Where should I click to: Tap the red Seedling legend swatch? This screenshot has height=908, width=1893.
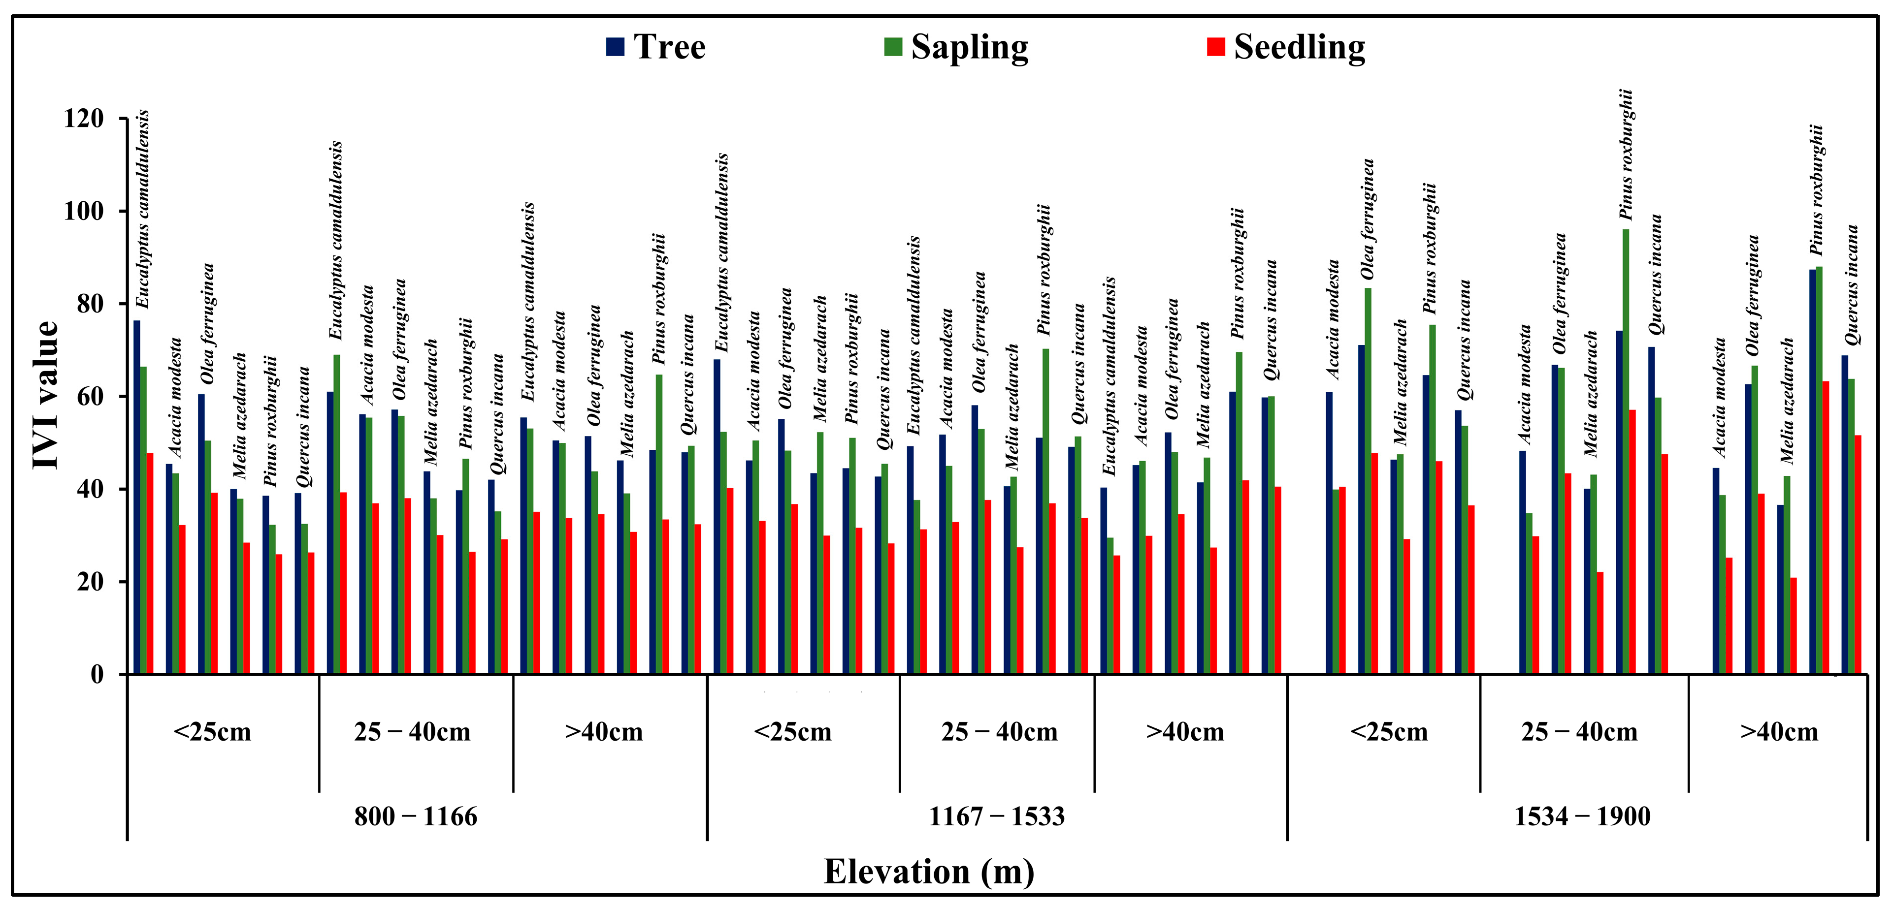pyautogui.click(x=1216, y=47)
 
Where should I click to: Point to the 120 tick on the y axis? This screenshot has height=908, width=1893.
pyautogui.click(x=83, y=118)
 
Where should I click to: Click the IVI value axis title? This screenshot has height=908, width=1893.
pyautogui.click(x=46, y=395)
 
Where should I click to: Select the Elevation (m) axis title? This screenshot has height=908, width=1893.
pyautogui.click(x=928, y=872)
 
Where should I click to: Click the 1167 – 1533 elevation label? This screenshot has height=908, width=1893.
pyautogui.click(x=996, y=816)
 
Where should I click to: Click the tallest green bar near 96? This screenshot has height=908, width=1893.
pyautogui.click(x=1626, y=451)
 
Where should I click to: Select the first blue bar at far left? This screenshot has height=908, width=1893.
pyautogui.click(x=137, y=497)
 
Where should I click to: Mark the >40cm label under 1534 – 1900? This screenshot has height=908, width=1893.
pyautogui.click(x=1778, y=732)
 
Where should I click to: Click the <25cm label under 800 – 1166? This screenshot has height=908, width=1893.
pyautogui.click(x=212, y=732)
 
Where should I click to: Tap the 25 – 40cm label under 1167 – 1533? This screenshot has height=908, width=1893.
pyautogui.click(x=999, y=732)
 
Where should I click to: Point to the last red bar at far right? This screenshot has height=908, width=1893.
pyautogui.click(x=1858, y=555)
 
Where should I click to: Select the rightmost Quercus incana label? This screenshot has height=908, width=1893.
pyautogui.click(x=1852, y=285)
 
